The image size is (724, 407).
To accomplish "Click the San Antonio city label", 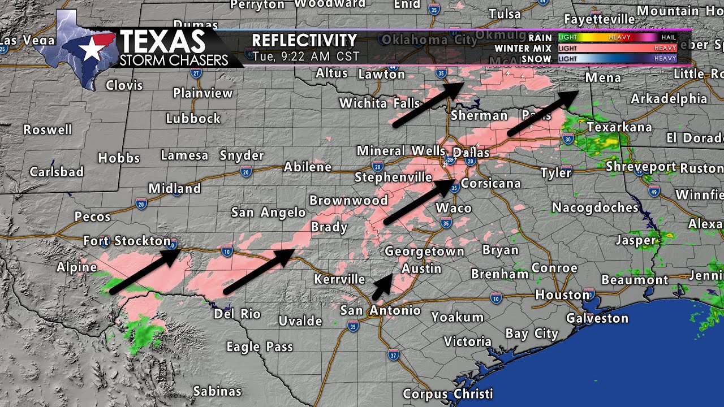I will pyautogui.click(x=380, y=310).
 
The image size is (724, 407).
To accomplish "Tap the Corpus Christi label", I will pyautogui.click(x=447, y=393).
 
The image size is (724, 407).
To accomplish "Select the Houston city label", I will pyautogui.click(x=562, y=295).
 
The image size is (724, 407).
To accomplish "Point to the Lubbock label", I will pyautogui.click(x=193, y=118).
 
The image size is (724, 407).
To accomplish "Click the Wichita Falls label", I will pyautogui.click(x=380, y=103).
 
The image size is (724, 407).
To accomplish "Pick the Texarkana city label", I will pyautogui.click(x=619, y=127).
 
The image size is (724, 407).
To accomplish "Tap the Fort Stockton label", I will pyautogui.click(x=127, y=241).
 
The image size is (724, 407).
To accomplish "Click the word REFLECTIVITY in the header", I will pyautogui.click(x=304, y=41).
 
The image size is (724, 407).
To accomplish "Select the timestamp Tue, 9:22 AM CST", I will pyautogui.click(x=306, y=57).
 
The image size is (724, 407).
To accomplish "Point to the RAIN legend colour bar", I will pyautogui.click(x=617, y=38).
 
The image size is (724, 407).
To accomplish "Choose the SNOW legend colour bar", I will pyautogui.click(x=617, y=58).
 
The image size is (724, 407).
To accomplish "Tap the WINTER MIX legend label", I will pyautogui.click(x=523, y=49).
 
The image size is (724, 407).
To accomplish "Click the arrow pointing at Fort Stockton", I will pyautogui.click(x=144, y=272).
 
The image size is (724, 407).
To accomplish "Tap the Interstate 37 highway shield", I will pyautogui.click(x=394, y=354).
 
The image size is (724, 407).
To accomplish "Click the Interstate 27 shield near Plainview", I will pyautogui.click(x=196, y=73).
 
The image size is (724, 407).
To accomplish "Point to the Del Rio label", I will pyautogui.click(x=237, y=314).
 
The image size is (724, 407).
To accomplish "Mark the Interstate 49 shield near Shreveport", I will pyautogui.click(x=654, y=192).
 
